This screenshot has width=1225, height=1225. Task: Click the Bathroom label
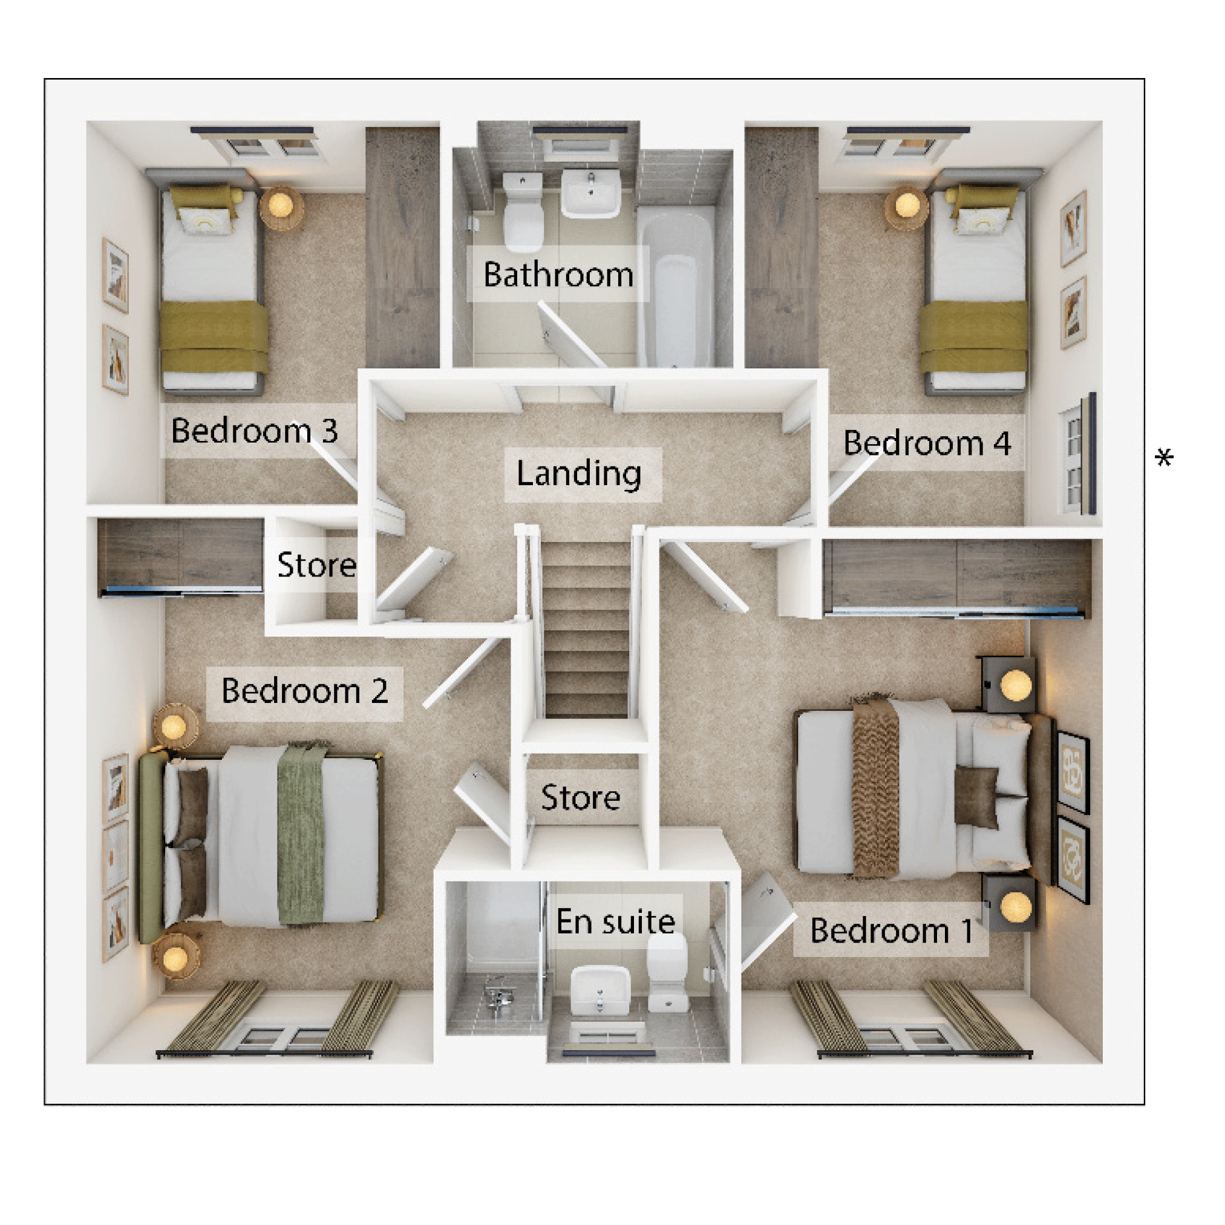pos(558,275)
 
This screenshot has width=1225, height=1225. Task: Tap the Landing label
pos(579,473)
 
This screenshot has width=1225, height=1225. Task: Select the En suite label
pos(615,922)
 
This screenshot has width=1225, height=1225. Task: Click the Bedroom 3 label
pos(254,431)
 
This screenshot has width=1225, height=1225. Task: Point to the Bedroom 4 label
pos(927,443)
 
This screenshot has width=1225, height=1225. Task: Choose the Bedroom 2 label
pos(304,690)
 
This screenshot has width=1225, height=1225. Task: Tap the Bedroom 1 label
pos(891,931)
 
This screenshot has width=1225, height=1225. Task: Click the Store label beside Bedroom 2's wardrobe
pos(316,565)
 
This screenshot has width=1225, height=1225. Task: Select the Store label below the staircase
pos(580,798)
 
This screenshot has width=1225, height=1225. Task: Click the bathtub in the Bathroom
pos(676,287)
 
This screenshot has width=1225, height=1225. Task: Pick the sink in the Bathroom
pos(590,193)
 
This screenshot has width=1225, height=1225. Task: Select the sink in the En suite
pos(600,991)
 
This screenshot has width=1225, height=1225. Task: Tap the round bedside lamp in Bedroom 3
pos(280,205)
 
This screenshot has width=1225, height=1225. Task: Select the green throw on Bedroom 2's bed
pos(302,834)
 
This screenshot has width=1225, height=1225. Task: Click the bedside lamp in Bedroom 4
pos(907,205)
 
